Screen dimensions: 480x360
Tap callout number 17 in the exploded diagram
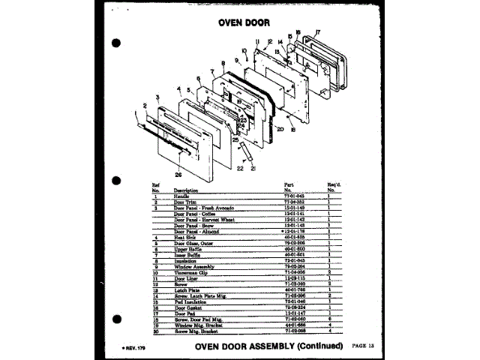318,32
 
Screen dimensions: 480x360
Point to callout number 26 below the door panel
178,175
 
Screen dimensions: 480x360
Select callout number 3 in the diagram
157,97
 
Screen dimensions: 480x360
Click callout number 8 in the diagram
223,64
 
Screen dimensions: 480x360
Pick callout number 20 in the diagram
279,129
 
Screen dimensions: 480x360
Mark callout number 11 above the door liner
256,40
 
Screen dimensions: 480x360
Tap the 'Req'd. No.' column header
334,186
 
